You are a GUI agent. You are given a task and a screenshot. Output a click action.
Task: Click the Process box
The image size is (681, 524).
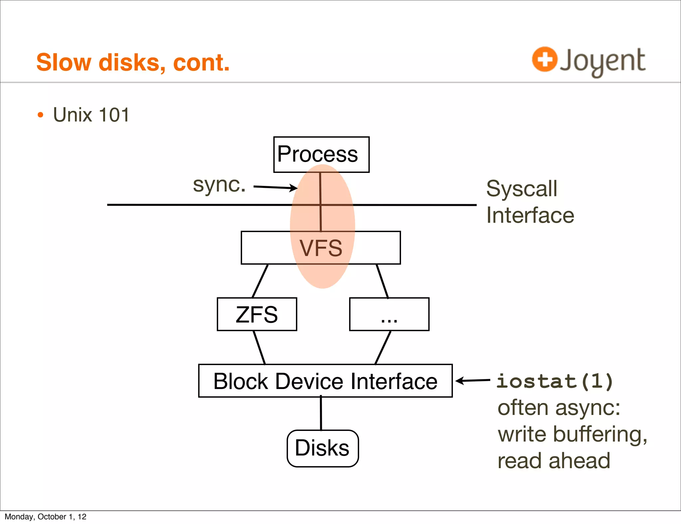point(321,154)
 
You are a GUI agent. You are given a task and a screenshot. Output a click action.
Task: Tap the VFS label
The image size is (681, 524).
point(321,248)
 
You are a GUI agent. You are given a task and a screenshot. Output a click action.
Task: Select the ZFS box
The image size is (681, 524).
point(257,314)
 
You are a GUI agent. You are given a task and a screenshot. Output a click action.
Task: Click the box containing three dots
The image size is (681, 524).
point(389,314)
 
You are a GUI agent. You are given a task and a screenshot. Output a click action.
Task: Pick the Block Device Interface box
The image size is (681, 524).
point(325,381)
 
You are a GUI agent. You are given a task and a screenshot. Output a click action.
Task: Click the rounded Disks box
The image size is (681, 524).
point(323,448)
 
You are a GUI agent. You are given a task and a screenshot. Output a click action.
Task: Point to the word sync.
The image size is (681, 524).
point(219,185)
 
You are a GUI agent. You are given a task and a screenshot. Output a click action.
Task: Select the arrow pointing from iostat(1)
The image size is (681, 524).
point(473,380)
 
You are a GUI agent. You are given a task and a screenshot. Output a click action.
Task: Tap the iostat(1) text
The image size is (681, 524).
point(555,381)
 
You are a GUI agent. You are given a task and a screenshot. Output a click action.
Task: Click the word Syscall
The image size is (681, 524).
point(521,189)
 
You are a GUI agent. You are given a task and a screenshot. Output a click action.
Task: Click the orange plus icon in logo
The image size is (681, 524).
point(544,59)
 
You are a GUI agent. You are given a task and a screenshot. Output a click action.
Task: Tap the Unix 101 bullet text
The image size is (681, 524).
point(91,115)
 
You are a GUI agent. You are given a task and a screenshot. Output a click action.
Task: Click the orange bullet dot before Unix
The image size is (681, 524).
point(41,115)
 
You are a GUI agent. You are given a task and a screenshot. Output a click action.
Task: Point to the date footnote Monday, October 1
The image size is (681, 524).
point(46,517)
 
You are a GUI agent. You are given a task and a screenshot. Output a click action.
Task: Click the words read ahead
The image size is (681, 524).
point(554,461)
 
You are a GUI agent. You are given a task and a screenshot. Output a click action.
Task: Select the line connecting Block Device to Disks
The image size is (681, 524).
point(321,413)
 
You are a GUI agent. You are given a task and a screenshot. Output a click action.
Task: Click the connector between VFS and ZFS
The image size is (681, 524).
point(260,281)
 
